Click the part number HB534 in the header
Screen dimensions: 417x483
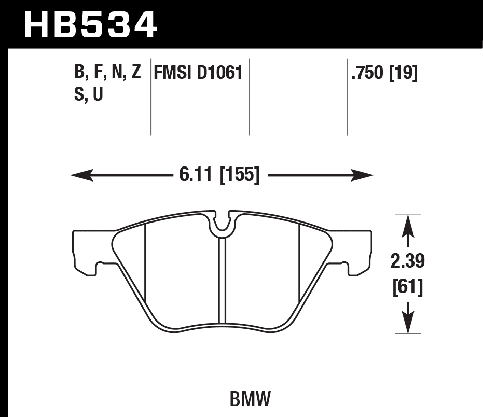90,24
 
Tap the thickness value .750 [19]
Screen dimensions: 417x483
384,74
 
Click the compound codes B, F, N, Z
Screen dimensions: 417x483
108,73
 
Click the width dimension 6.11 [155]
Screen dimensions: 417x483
219,175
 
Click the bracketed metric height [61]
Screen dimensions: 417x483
408,286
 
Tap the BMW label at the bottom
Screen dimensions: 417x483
249,399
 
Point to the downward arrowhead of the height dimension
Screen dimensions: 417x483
408,324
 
